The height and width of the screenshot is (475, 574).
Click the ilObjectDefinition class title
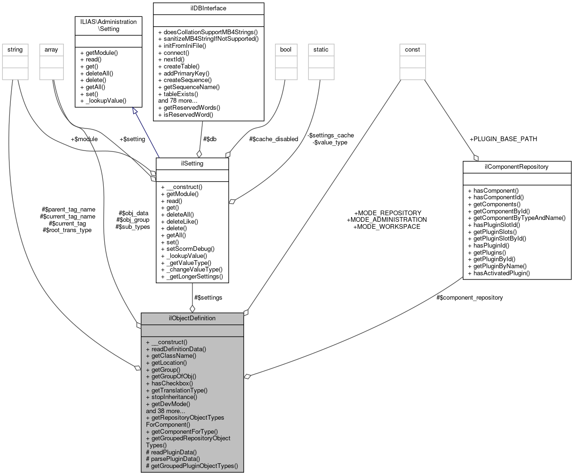click(x=192, y=318)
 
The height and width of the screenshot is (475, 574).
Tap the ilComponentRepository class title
click(x=517, y=166)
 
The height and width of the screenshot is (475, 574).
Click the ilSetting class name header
click(x=192, y=163)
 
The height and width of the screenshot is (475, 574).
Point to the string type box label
click(x=15, y=49)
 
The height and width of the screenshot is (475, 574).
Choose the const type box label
click(x=413, y=49)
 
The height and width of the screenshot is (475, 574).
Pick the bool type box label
click(x=286, y=49)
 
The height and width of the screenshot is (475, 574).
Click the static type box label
click(x=321, y=49)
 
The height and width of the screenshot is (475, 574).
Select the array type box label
click(x=51, y=49)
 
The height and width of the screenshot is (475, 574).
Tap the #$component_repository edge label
click(x=469, y=297)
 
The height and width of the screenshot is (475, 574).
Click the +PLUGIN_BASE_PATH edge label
click(x=503, y=139)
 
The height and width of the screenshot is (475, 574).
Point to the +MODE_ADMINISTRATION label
click(x=387, y=219)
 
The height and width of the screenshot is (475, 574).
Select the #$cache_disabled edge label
click(x=274, y=139)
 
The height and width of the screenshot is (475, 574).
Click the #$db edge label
click(x=209, y=139)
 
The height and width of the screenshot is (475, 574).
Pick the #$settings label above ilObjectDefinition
click(x=208, y=297)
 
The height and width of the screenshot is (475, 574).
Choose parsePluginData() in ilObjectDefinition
click(x=173, y=459)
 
